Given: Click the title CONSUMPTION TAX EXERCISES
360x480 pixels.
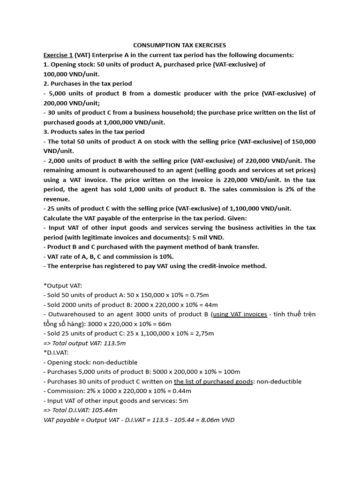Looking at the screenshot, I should tap(180, 45).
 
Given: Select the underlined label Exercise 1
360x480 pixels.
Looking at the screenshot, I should tap(58, 55).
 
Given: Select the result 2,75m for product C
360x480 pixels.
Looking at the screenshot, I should tap(204, 333).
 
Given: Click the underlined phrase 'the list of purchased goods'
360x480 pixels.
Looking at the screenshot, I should tap(213, 382).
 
